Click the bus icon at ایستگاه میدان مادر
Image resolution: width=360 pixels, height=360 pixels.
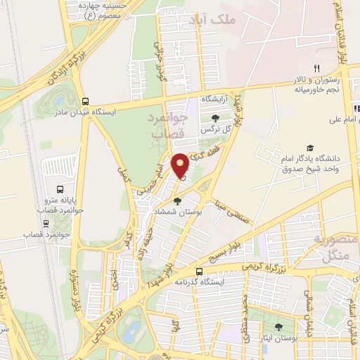tap(85, 101)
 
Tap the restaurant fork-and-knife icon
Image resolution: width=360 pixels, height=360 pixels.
tap(316, 68)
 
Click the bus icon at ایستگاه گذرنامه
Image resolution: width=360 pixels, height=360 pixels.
tap(199, 271)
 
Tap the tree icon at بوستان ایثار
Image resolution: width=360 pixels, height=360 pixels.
tap(279, 327)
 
